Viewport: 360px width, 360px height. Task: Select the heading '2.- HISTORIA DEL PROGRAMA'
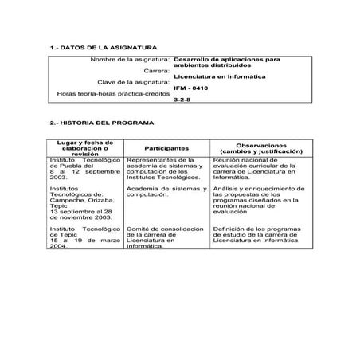tap(100, 123)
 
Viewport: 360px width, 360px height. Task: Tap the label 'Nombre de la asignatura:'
tap(130, 60)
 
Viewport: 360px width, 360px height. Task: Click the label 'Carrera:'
tap(156, 71)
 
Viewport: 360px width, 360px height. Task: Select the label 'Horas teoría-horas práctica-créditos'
tap(114, 93)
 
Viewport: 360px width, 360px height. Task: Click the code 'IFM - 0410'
tap(194, 88)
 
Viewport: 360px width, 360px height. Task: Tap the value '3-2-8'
tap(182, 100)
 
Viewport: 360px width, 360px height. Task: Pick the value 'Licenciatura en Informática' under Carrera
tap(214, 76)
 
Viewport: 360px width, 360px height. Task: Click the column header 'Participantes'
tap(166, 148)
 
